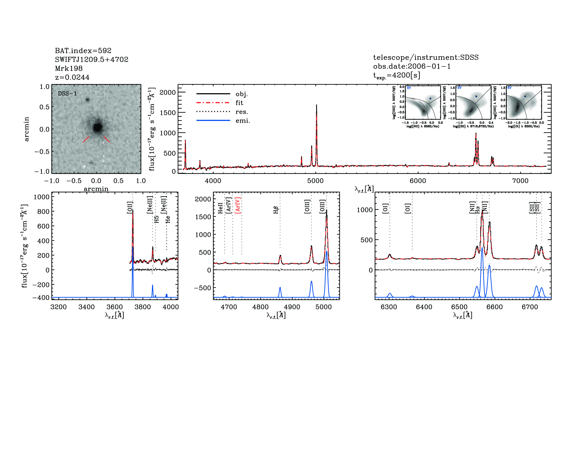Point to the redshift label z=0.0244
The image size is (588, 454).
point(72,77)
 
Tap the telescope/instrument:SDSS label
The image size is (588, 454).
point(426,57)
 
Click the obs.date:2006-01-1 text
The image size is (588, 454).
point(412,66)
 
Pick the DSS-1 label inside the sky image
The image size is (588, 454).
point(67,94)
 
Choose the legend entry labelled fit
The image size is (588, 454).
point(239,103)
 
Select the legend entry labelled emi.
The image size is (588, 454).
point(243,121)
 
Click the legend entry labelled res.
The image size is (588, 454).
point(241,112)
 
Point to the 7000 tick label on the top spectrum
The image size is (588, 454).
point(520,181)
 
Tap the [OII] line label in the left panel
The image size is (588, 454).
point(130,207)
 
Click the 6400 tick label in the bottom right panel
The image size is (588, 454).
point(424,307)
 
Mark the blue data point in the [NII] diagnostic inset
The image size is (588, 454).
point(430,98)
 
